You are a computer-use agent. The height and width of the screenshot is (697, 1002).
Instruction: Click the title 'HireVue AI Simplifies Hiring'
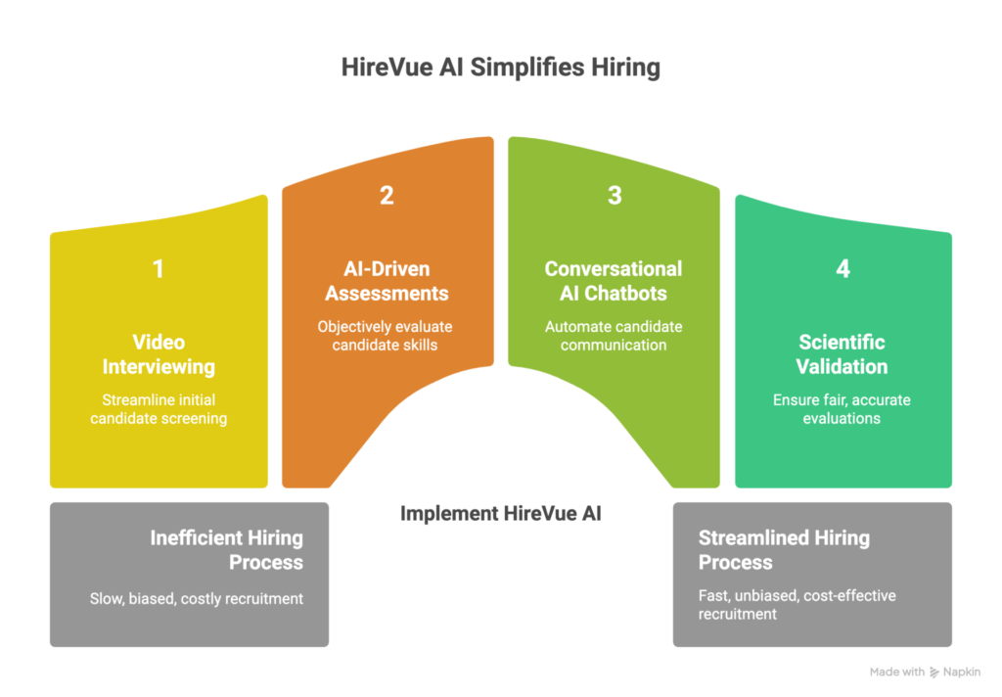(500, 68)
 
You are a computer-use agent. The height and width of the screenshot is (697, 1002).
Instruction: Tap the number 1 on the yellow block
(159, 269)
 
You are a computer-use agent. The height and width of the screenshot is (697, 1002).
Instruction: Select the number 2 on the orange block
(387, 196)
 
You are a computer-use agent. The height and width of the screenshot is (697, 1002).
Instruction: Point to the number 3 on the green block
(615, 196)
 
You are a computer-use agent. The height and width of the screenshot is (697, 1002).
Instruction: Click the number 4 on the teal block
(843, 269)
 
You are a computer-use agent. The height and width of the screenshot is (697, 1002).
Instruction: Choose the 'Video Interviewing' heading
(159, 354)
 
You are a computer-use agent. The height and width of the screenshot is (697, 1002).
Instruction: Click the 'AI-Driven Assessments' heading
(387, 281)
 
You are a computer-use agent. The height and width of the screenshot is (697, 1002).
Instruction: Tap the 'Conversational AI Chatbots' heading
(614, 281)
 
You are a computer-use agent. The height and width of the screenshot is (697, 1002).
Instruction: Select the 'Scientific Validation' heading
(843, 354)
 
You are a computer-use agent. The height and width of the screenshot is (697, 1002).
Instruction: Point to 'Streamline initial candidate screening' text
(159, 409)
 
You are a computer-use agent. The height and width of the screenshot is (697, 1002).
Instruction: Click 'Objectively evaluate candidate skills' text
(387, 336)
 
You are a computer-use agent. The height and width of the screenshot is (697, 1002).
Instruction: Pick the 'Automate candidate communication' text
(614, 336)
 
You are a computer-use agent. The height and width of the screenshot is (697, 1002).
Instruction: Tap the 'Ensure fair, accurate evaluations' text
(843, 409)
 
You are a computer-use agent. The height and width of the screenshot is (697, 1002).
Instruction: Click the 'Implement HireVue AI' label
(500, 513)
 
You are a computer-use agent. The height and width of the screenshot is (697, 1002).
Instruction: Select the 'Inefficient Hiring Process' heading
(226, 550)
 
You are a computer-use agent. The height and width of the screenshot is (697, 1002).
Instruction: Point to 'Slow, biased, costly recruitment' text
(196, 597)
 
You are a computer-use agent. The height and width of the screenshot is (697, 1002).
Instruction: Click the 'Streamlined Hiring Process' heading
(784, 550)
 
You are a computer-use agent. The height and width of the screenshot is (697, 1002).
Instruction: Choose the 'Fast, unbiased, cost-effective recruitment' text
(797, 604)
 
